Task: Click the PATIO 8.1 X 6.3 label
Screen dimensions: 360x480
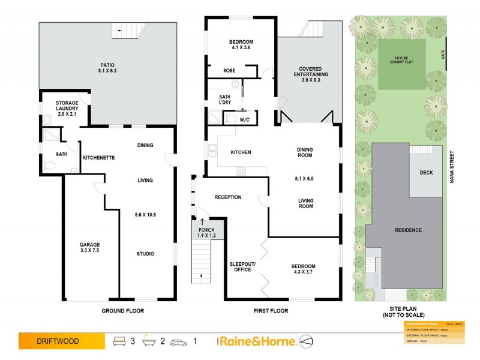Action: pyautogui.click(x=108, y=67)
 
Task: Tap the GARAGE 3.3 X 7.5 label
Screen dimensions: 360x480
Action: pyautogui.click(x=90, y=248)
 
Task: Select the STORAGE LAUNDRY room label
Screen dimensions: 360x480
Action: pyautogui.click(x=67, y=109)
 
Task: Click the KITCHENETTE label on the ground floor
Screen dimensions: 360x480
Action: pyautogui.click(x=98, y=158)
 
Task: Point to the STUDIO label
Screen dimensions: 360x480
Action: pyautogui.click(x=145, y=254)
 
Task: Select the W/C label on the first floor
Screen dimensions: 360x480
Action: pyautogui.click(x=245, y=120)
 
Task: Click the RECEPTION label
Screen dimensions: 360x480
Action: pyautogui.click(x=227, y=197)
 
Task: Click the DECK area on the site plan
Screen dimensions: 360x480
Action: pyautogui.click(x=426, y=173)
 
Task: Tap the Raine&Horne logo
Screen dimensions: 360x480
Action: pyautogui.click(x=257, y=341)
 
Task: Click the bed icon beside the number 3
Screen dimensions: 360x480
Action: pyautogui.click(x=119, y=341)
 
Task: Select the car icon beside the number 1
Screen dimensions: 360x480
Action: pyautogui.click(x=179, y=341)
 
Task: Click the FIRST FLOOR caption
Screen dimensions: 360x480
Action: pyautogui.click(x=270, y=311)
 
